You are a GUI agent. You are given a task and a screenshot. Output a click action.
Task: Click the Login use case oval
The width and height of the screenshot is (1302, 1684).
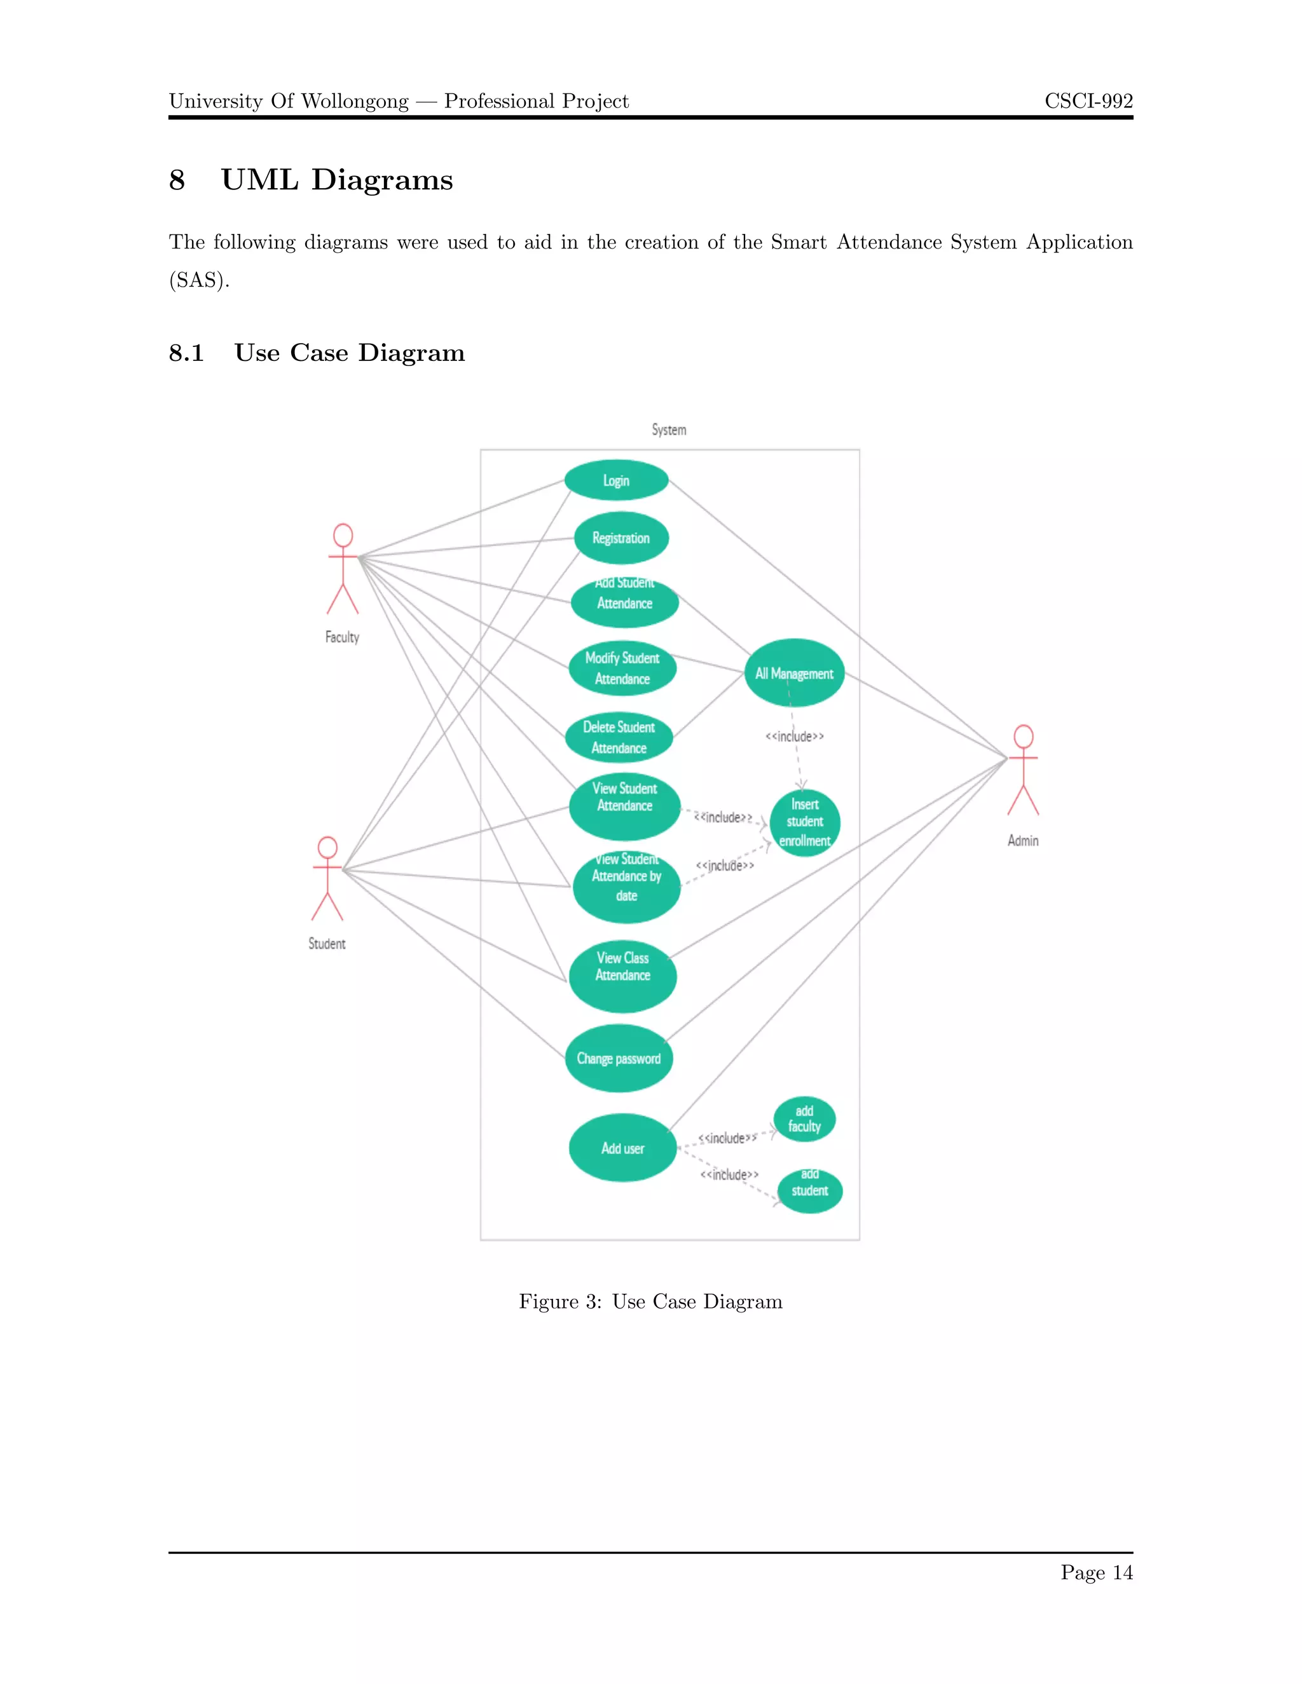(616, 480)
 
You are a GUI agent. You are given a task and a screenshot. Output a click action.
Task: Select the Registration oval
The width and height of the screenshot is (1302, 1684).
(621, 538)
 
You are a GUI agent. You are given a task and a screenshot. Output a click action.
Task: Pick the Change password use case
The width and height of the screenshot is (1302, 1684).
(619, 1059)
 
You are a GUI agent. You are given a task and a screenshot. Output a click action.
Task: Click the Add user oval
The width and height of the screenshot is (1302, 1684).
(622, 1148)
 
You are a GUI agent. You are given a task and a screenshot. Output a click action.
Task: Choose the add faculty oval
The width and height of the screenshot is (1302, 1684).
(804, 1120)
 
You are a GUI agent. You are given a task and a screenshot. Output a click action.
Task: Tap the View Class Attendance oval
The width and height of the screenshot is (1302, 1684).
(622, 976)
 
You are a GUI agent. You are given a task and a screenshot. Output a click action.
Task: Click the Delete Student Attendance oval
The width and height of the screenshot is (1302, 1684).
(619, 738)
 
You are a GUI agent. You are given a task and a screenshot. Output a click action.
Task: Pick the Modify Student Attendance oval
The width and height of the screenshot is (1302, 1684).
(622, 669)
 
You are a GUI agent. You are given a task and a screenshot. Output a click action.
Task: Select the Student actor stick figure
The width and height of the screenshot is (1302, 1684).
(327, 879)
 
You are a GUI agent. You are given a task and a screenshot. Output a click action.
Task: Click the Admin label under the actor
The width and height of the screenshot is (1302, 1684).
(1023, 841)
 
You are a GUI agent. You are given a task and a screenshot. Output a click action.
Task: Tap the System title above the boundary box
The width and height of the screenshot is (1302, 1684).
(669, 430)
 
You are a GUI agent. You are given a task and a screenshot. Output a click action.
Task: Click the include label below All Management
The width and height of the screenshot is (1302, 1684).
(795, 737)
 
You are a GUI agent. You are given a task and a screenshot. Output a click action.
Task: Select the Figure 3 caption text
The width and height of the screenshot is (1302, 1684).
(650, 1302)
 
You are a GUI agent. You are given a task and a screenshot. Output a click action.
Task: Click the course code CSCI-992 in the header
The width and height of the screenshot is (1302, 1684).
(1088, 101)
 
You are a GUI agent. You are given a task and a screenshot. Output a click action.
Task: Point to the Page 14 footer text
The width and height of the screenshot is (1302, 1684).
(1096, 1572)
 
